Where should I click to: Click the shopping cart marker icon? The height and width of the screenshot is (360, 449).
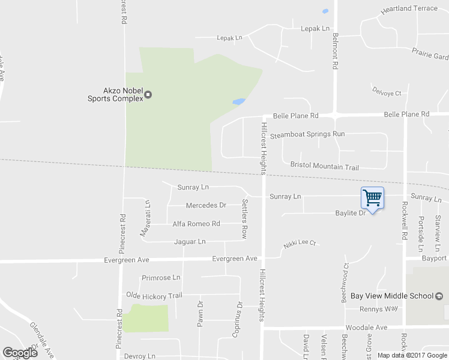[x=372, y=198]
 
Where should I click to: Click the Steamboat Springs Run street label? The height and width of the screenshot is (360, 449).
[x=307, y=134]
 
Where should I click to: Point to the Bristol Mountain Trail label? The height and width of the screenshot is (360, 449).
[x=324, y=166]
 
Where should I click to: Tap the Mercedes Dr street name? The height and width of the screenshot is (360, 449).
[x=206, y=205]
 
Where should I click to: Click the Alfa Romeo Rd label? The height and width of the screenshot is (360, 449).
[x=196, y=224]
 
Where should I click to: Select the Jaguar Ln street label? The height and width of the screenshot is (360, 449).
[x=190, y=242]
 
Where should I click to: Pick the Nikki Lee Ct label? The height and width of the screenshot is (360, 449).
[x=300, y=245]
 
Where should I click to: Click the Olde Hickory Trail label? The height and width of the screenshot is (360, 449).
[x=154, y=295]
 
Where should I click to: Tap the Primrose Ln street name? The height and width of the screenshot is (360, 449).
[x=161, y=278]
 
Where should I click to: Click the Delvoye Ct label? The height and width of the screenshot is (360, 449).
[x=387, y=94]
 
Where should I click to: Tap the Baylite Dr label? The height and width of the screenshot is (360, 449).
[x=351, y=213]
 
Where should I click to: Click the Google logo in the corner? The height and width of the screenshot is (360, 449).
[x=20, y=353]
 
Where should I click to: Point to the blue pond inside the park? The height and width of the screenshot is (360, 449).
[x=238, y=102]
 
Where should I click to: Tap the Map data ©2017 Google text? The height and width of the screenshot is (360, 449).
[x=412, y=355]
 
